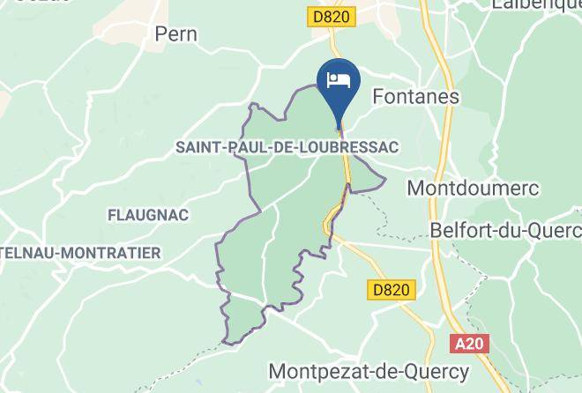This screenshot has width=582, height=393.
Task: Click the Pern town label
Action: click(x=175, y=34)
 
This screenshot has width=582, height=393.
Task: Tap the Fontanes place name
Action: click(x=417, y=96)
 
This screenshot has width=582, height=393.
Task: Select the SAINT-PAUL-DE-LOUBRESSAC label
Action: click(x=287, y=146)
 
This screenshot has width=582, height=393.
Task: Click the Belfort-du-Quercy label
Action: click(x=505, y=229)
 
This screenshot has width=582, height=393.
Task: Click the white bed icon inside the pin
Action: click(x=339, y=80)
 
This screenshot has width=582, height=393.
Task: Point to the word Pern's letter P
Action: click(x=160, y=34)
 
